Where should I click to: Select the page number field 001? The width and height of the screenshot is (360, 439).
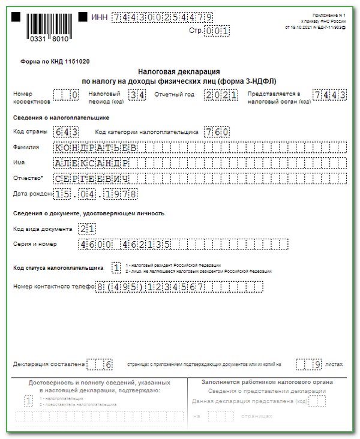pyautogui.click(x=217, y=30)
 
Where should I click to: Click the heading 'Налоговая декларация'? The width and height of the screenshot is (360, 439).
pyautogui.click(x=179, y=71)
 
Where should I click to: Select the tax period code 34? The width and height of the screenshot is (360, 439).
pyautogui.click(x=137, y=95)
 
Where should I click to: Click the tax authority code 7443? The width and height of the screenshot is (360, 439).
pyautogui.click(x=329, y=95)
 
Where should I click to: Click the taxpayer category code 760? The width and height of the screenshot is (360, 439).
pyautogui.click(x=216, y=132)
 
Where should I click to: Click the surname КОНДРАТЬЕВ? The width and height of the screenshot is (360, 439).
pyautogui.click(x=95, y=147)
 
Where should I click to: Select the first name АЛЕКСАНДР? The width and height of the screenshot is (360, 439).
pyautogui.click(x=91, y=163)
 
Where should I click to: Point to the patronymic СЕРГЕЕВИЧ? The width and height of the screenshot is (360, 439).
pyautogui.click(x=91, y=178)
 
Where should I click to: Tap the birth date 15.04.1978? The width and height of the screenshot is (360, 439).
pyautogui.click(x=95, y=194)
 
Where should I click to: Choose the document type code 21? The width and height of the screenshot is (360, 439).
pyautogui.click(x=87, y=229)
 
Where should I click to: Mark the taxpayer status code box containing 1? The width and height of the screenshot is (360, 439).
pyautogui.click(x=116, y=267)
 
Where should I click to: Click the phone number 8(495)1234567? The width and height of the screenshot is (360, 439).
pyautogui.click(x=150, y=287)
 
